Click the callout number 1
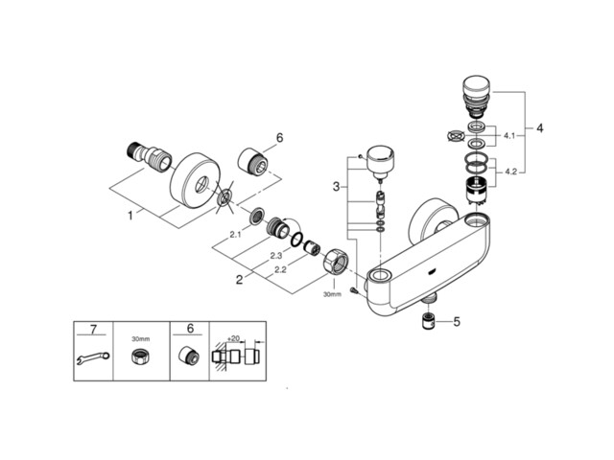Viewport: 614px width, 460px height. [130, 215]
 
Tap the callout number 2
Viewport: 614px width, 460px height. [239, 280]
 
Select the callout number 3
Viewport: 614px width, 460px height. [336, 187]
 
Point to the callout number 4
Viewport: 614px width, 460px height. [540, 127]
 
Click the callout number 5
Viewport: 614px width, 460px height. [457, 322]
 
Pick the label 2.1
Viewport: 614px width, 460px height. [235, 235]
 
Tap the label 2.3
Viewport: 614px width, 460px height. [275, 256]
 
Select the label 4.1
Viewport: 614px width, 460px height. [509, 136]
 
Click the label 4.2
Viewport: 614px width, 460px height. [510, 172]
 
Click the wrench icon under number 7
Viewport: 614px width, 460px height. [93, 357]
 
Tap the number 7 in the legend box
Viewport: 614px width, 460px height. [93, 330]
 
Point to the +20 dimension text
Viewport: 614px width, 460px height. [233, 338]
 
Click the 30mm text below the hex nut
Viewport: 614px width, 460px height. [332, 294]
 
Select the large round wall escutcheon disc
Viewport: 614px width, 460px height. [195, 179]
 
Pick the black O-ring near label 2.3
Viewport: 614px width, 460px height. [297, 240]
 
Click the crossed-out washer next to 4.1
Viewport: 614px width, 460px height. [455, 136]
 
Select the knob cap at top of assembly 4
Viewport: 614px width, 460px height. [476, 85]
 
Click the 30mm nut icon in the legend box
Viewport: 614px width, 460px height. [141, 356]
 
